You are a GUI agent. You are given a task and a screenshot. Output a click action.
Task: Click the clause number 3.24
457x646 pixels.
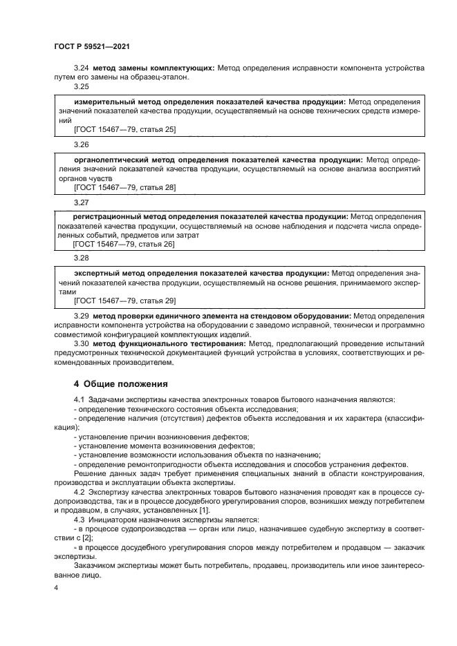pos(82,68)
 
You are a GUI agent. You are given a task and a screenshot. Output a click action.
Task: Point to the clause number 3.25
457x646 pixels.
pos(82,87)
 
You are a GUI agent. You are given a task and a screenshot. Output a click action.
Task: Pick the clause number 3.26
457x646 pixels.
pos(82,144)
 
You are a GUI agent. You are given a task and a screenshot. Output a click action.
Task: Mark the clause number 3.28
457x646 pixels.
pos(82,258)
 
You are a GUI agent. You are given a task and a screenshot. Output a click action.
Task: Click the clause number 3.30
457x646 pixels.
pos(82,343)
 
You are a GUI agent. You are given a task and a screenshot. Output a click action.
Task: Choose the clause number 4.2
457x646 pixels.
pos(79,490)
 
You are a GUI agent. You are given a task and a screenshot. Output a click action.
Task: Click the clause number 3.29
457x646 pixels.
pos(82,316)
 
